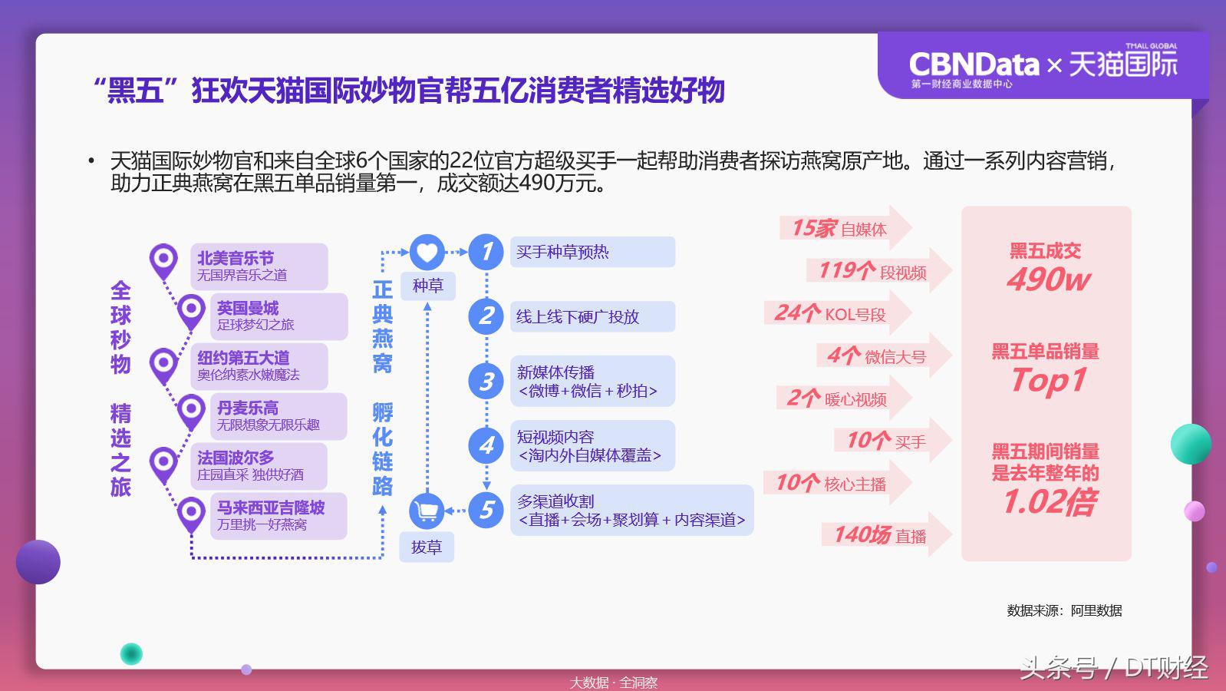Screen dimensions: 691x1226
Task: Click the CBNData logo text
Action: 973,64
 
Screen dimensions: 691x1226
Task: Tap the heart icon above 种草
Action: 427,252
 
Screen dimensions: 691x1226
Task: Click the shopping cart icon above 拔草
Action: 427,511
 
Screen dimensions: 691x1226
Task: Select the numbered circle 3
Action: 486,381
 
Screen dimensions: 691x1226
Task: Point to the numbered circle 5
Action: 486,510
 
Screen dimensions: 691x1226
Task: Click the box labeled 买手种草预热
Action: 592,252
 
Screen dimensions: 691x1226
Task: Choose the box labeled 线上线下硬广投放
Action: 592,316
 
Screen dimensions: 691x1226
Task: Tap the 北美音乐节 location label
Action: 259,266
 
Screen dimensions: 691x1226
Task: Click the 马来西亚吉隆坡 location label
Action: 278,515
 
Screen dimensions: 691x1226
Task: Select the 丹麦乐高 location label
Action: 278,415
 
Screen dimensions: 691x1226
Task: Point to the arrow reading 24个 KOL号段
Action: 836,313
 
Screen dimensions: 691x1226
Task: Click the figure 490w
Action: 1047,279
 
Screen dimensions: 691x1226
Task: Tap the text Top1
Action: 1048,380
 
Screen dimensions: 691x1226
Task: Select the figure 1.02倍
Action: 1050,502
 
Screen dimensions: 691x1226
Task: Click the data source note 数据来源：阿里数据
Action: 1064,610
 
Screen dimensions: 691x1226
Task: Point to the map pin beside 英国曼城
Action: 191,311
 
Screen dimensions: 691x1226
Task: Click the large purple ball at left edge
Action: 38,561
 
